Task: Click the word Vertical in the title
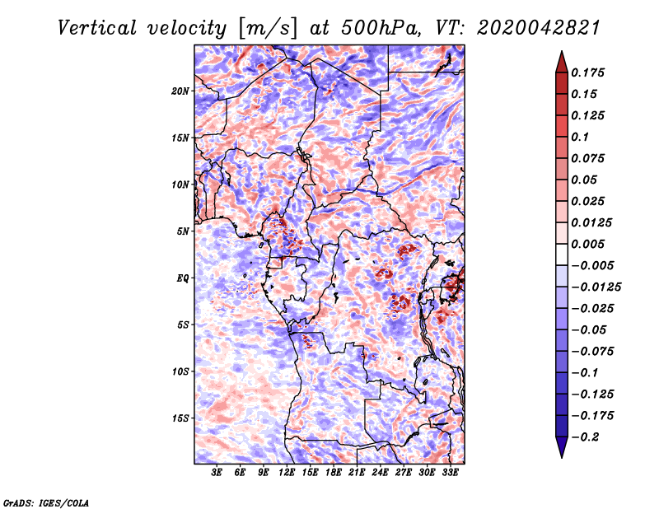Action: click(x=96, y=28)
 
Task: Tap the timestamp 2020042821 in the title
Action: click(x=539, y=28)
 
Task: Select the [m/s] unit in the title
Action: click(x=268, y=29)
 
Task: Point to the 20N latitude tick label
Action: click(x=180, y=91)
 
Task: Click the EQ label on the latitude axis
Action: click(x=183, y=278)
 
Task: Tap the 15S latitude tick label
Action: click(x=180, y=418)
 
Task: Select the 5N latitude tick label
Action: click(x=183, y=231)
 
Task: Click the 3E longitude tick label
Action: click(x=217, y=472)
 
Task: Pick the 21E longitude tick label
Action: click(x=357, y=472)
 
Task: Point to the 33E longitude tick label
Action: click(x=450, y=472)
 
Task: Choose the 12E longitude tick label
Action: click(x=287, y=472)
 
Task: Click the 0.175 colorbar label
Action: click(x=587, y=72)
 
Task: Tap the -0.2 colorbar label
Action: click(x=585, y=437)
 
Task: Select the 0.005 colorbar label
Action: click(x=587, y=244)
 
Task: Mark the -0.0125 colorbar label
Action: click(x=596, y=287)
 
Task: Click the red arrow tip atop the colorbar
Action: click(x=562, y=51)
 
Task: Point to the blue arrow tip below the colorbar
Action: click(x=562, y=457)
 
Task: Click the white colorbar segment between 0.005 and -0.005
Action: click(x=562, y=254)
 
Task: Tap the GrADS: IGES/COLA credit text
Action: click(x=46, y=502)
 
